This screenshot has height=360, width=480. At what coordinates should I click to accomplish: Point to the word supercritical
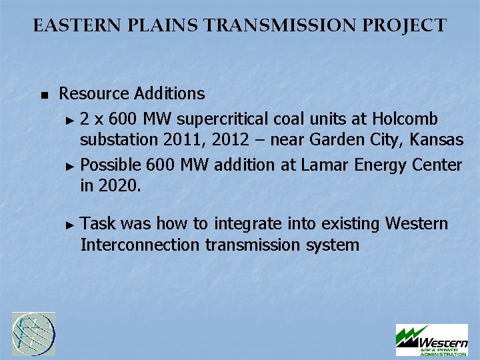click(x=222, y=119)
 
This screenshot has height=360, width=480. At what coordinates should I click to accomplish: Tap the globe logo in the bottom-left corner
click(x=34, y=333)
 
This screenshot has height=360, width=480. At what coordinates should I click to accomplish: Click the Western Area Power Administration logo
click(x=431, y=340)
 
